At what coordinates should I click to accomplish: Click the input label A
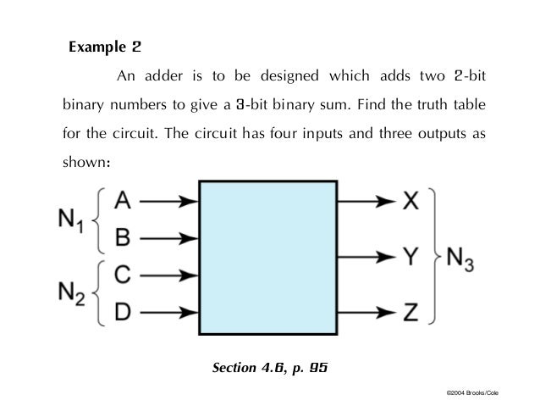(x=122, y=202)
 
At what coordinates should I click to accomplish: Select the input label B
(x=122, y=238)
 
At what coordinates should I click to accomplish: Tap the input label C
(x=122, y=275)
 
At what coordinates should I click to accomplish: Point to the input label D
(x=122, y=312)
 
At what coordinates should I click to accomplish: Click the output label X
(x=410, y=202)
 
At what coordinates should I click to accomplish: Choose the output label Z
(x=410, y=312)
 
